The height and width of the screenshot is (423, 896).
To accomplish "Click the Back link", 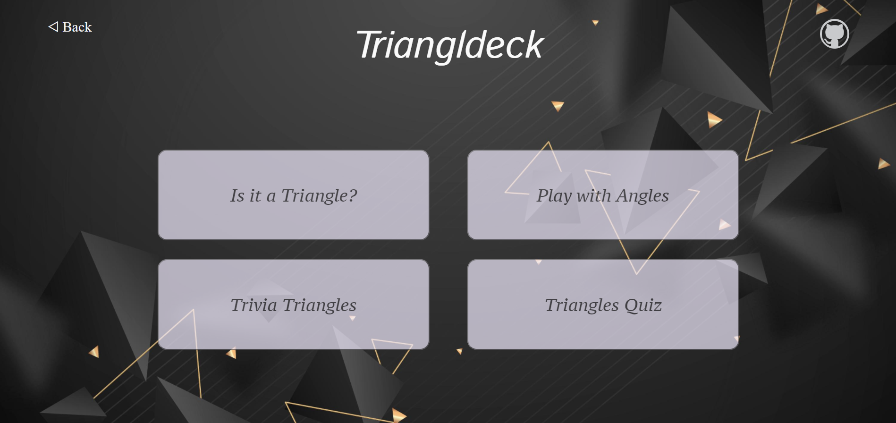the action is point(70,27).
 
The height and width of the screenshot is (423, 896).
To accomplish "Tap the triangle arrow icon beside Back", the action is point(53,26).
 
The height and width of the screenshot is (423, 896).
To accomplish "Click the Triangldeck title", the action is point(450,46).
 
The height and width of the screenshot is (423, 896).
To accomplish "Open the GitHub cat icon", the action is point(834,34).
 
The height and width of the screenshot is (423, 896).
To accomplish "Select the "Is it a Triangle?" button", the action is point(293,195).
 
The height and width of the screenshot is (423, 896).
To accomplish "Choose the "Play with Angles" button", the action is point(603,195).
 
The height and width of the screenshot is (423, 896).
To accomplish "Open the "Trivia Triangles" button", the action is point(293,305).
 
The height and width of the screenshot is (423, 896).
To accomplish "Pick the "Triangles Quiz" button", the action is point(603,305).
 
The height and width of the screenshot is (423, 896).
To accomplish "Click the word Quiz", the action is point(643,305).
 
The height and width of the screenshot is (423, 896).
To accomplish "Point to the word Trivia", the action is point(254,305).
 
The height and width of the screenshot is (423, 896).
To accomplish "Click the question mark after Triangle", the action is point(353,195).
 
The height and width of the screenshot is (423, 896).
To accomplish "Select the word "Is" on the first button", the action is point(237,195).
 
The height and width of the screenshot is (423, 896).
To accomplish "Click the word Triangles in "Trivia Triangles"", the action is point(320,305).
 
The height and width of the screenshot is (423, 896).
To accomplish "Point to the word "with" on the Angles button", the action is point(594,195).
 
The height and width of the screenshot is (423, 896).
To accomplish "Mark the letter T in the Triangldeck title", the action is point(370,45).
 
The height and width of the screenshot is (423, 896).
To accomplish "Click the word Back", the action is point(77,27).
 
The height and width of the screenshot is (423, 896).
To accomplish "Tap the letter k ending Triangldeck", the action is point(534,44).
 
